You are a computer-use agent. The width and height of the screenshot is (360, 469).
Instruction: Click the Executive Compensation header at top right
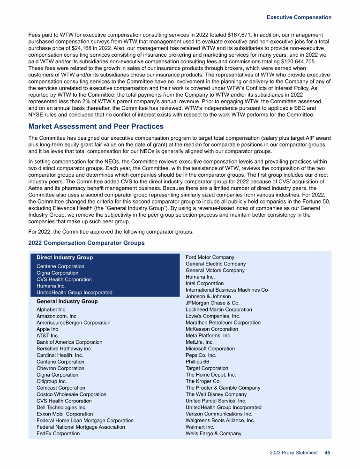299,17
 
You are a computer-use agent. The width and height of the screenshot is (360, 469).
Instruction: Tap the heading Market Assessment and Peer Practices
96,127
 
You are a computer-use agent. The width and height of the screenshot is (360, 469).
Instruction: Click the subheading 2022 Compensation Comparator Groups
86,243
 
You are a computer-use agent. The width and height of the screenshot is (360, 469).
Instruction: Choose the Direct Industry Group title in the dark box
65,257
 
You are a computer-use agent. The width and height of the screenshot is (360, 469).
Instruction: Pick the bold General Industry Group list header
67,301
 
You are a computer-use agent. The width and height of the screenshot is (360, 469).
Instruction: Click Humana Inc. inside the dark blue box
51,286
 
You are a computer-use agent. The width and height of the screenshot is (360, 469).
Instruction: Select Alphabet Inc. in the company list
52,310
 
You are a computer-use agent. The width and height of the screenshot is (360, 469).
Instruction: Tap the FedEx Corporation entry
58,433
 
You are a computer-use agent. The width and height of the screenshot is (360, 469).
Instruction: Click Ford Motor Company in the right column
210,257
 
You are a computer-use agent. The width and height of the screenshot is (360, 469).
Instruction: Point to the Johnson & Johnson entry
208,296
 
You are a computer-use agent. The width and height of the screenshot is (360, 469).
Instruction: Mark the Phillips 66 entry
197,362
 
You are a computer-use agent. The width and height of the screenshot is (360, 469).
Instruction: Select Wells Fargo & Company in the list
213,433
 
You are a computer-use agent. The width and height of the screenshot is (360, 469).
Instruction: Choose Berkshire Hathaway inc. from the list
64,349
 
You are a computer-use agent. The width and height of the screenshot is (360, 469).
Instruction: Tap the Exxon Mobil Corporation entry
65,414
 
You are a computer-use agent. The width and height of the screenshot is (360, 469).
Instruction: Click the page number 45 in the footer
327,453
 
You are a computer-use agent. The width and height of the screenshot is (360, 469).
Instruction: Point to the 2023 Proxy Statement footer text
293,453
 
